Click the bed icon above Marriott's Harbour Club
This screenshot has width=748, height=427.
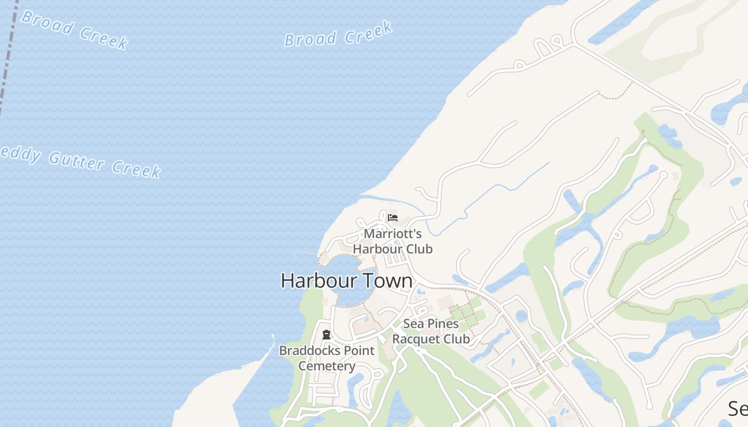[393, 217]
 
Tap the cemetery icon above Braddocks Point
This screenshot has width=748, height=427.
[326, 335]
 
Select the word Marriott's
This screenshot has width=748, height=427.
[393, 234]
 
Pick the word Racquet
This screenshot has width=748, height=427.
[415, 339]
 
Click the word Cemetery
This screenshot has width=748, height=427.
[326, 366]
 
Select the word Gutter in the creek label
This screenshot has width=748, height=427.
[76, 160]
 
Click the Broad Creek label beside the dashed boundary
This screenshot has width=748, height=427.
[75, 29]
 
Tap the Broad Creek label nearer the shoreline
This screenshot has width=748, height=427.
[338, 35]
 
